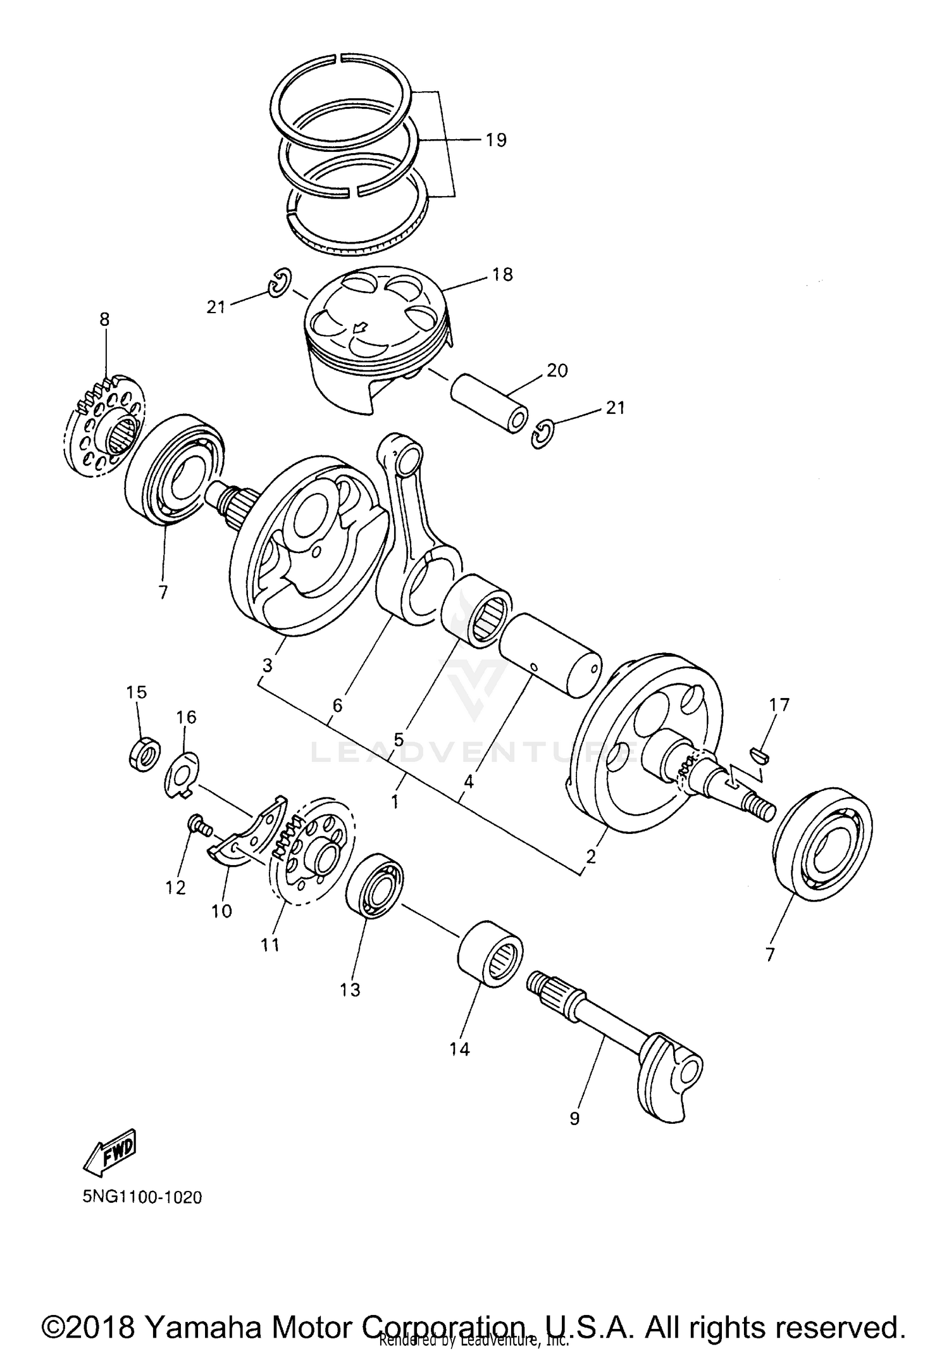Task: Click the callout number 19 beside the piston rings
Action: tap(497, 140)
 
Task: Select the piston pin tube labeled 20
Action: tap(488, 404)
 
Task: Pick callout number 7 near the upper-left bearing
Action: tap(163, 592)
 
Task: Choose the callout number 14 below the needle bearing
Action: tap(460, 1049)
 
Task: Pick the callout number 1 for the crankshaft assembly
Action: tap(395, 802)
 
